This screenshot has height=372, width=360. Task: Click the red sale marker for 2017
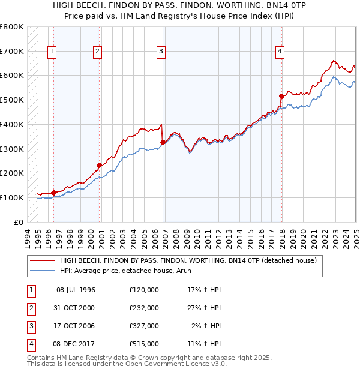(281, 96)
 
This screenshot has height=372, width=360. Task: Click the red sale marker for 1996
(53, 193)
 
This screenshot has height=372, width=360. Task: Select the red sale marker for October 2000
(99, 165)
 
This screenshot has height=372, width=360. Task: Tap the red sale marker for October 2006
(163, 142)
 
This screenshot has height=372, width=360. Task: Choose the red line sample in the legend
(42, 261)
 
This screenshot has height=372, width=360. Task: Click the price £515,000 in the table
(144, 344)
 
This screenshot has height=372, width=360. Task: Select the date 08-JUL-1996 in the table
(76, 290)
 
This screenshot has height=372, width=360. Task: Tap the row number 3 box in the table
(29, 326)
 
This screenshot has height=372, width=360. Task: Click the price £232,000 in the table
(144, 308)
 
